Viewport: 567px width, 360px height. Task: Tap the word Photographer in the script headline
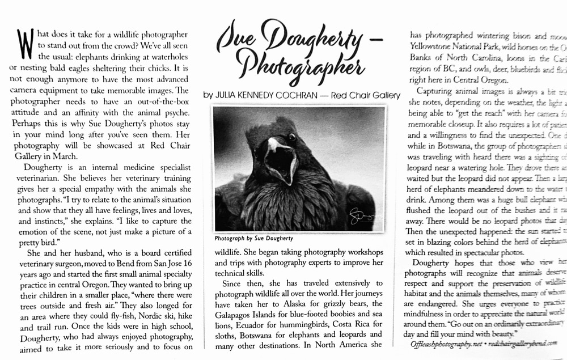point(301,65)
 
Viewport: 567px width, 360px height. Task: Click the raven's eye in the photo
point(291,137)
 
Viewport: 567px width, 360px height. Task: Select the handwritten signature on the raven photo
point(359,215)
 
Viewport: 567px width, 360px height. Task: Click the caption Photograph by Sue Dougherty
point(254,239)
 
